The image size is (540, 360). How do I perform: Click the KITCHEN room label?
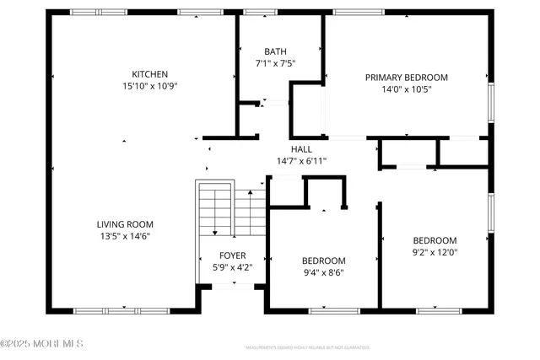tap(149, 74)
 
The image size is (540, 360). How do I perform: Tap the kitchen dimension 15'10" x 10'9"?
tap(149, 85)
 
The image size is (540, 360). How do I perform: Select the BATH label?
tap(275, 51)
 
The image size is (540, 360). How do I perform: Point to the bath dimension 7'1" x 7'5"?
tap(275, 63)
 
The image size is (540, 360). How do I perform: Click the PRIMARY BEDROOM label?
tap(406, 78)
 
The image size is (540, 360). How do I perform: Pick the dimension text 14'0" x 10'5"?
tap(406, 89)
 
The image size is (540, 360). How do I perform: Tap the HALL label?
tap(301, 149)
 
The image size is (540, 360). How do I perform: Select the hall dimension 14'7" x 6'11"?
tap(301, 161)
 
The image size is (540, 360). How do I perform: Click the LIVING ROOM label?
tap(125, 224)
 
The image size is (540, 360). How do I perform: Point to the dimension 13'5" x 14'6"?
tap(125, 236)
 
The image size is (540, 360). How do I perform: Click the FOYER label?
tap(233, 255)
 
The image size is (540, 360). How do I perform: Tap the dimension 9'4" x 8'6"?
tap(323, 271)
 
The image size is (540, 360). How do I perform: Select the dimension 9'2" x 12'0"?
tap(434, 251)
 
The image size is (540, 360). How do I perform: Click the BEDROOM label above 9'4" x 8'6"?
tap(323, 260)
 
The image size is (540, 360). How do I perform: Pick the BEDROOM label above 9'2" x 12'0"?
tap(434, 239)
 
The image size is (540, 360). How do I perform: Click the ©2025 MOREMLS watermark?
tap(42, 344)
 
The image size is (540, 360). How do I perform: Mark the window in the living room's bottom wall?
tap(124, 311)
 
